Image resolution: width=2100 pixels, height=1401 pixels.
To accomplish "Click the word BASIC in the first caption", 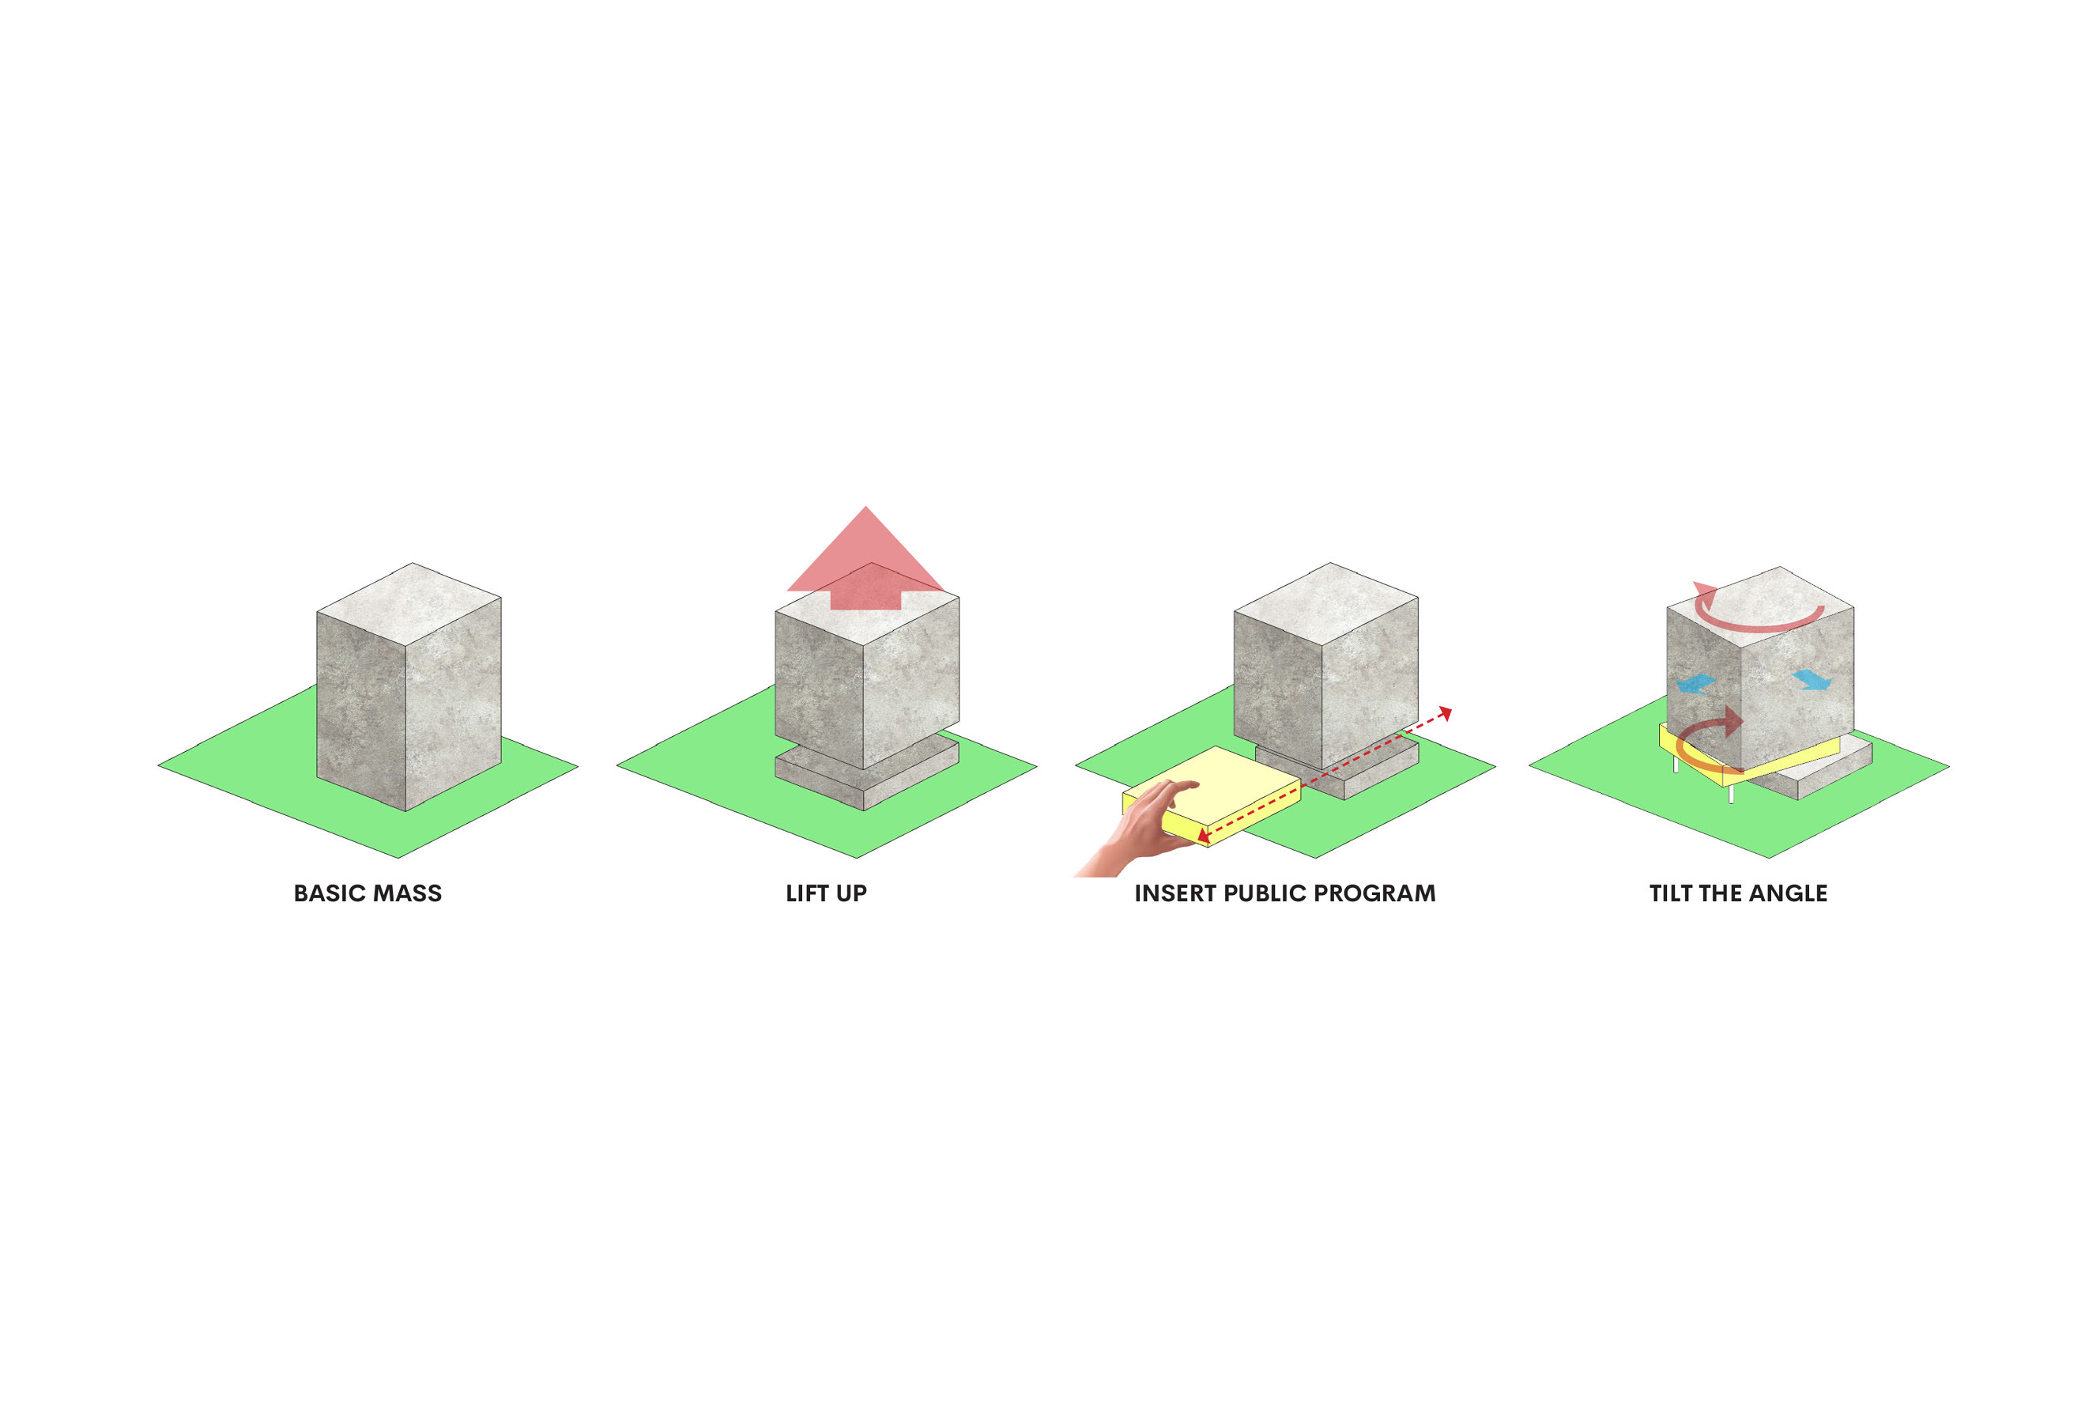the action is [x=329, y=893].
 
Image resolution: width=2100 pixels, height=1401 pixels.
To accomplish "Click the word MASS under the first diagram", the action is [x=407, y=893].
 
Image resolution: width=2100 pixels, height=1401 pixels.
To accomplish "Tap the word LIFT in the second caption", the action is [x=807, y=893].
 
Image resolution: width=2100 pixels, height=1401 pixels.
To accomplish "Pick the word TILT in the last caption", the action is [x=1669, y=893].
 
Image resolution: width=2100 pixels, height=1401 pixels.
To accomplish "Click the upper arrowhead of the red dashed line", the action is [x=1446, y=713].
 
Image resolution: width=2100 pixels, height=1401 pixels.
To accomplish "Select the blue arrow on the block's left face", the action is [x=1695, y=685].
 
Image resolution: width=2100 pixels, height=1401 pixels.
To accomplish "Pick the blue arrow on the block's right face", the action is [x=1812, y=679].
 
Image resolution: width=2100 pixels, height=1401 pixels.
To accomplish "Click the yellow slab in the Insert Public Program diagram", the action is [x=1211, y=795].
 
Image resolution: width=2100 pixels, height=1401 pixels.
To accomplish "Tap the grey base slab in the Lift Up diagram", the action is [x=866, y=771].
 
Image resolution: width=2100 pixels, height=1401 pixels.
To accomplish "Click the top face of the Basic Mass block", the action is [x=409, y=603].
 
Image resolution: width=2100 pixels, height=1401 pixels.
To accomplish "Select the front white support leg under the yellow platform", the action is [x=1731, y=795].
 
